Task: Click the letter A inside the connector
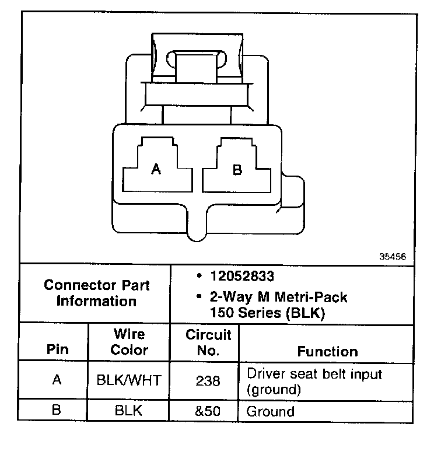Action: (x=156, y=170)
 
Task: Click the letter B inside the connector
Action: (x=237, y=170)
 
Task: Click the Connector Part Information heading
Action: (x=97, y=293)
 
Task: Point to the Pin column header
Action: (x=57, y=350)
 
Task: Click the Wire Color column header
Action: (x=129, y=342)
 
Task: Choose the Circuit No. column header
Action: (x=208, y=343)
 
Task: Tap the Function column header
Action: (x=327, y=351)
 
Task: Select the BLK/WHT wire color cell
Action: (x=129, y=380)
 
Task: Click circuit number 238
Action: (x=208, y=380)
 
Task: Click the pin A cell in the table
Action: (x=57, y=380)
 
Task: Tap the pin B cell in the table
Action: (x=57, y=410)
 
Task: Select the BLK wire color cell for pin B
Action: (x=129, y=411)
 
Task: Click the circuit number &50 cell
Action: (x=208, y=411)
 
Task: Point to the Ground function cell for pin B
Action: (x=271, y=411)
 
